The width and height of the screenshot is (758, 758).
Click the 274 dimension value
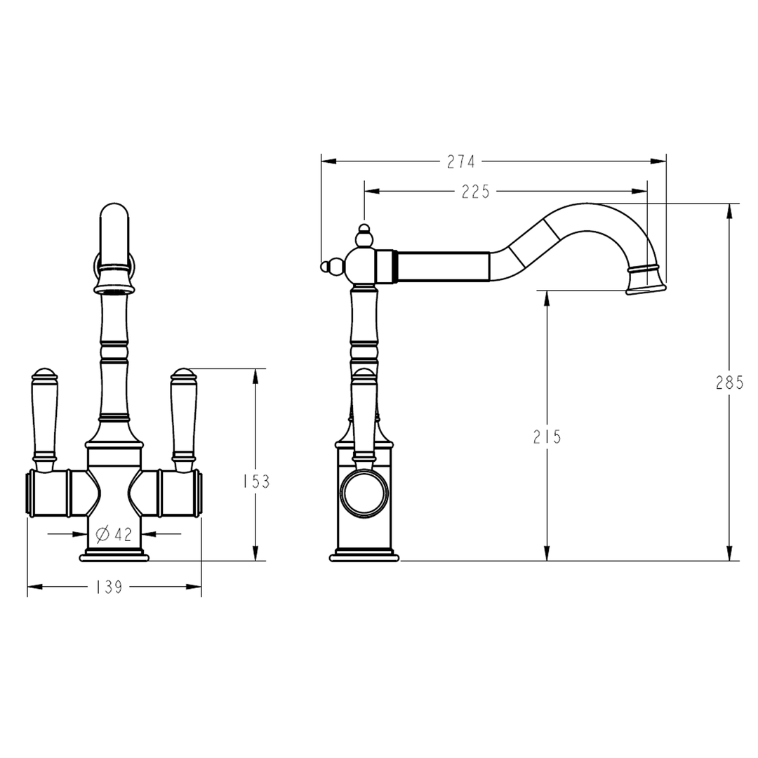pos(461,162)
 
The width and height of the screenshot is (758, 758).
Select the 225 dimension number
pos(475,192)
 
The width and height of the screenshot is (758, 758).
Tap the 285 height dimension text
pos(729,383)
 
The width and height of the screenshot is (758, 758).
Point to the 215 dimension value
pos(547,437)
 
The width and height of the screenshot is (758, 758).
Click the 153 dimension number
pos(255,481)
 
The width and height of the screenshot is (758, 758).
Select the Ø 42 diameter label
pos(114,535)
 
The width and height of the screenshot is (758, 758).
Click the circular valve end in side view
pos(364,494)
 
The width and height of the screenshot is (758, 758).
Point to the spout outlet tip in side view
pos(645,288)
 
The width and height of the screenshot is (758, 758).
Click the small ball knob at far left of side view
pos(325,266)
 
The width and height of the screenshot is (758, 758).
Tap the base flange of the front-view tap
pos(114,557)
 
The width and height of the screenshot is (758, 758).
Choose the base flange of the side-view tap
pos(364,557)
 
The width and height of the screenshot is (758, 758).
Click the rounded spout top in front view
pos(114,214)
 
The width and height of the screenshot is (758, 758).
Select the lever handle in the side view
pos(364,414)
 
